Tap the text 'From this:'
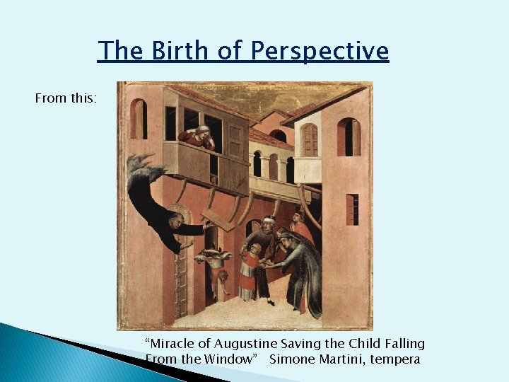pyautogui.click(x=66, y=98)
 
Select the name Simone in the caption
pyautogui.click(x=296, y=359)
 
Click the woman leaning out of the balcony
pyautogui.click(x=199, y=136)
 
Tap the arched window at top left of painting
pyautogui.click(x=139, y=118)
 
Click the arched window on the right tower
pyautogui.click(x=349, y=137)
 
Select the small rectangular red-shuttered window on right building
pyautogui.click(x=352, y=209)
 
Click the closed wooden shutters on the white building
pyautogui.click(x=309, y=139)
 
